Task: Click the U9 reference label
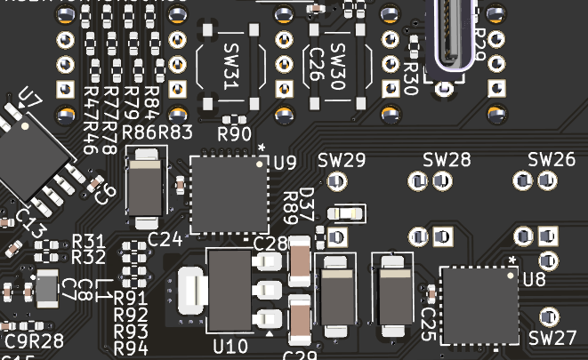(285, 163)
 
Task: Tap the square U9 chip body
(229, 194)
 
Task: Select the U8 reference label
(534, 279)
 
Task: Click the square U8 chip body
(479, 305)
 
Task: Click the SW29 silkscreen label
(342, 161)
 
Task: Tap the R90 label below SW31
(234, 134)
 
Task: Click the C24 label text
(165, 238)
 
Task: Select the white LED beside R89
(345, 213)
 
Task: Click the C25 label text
(428, 319)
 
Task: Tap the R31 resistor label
(88, 241)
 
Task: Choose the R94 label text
(131, 347)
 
